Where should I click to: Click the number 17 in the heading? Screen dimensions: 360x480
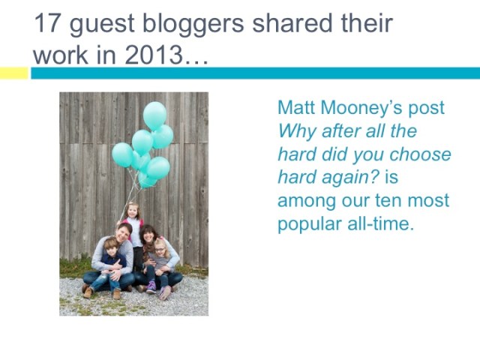[47, 23]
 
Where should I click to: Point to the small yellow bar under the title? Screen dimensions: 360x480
[13, 73]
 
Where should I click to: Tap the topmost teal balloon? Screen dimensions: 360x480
[155, 115]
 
